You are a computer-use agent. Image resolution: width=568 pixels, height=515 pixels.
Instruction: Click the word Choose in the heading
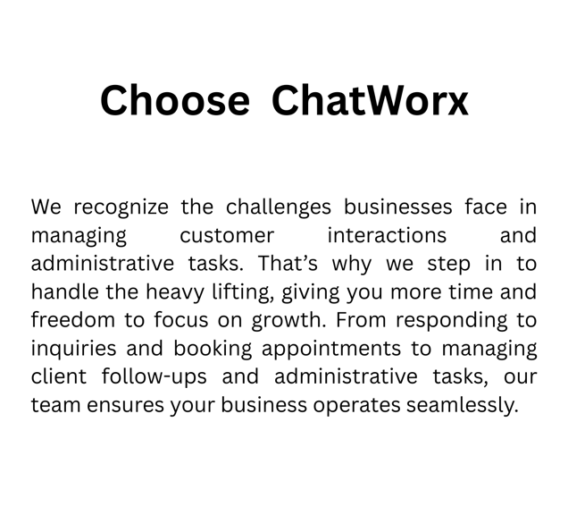coord(175,100)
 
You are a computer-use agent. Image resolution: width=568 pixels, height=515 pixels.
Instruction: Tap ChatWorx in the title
coord(370,100)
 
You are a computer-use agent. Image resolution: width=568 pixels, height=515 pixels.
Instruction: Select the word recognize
coord(121,208)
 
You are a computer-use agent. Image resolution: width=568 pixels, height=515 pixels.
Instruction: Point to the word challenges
coord(279,208)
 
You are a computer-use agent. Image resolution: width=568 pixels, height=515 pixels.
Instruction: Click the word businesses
coord(398,207)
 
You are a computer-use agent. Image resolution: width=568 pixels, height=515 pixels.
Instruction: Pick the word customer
coord(227,236)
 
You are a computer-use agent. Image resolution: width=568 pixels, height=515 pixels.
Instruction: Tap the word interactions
coord(387,235)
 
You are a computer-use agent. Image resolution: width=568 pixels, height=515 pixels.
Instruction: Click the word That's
coord(288,263)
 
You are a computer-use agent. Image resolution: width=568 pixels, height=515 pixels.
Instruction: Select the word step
coord(449,265)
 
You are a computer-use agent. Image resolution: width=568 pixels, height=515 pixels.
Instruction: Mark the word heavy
coord(175,293)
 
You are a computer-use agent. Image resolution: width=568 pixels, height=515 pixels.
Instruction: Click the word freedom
coord(73,320)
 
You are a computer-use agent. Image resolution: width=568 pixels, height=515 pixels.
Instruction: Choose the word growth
coord(288,321)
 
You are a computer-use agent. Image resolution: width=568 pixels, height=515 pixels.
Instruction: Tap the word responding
coord(452,321)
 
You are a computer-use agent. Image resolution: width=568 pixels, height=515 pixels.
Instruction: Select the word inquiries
coord(73,350)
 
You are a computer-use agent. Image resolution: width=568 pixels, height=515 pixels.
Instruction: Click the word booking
coord(213,350)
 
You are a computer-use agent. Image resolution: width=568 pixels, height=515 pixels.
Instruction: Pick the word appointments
coord(331,350)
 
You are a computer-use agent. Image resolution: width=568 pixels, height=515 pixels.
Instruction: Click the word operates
coord(356,406)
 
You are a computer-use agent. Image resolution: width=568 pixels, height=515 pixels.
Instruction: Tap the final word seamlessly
coord(463,406)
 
